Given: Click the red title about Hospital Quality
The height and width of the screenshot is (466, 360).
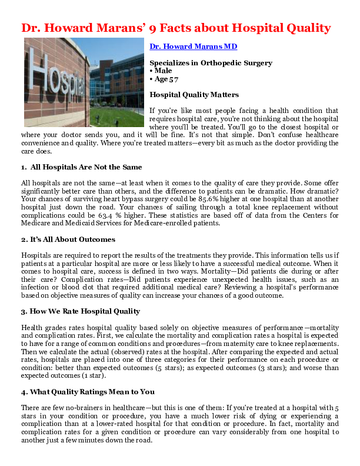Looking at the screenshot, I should click(x=176, y=28).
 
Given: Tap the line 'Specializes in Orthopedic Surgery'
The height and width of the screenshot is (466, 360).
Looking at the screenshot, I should click(x=211, y=62).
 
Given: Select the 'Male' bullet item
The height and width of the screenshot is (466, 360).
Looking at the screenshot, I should click(x=162, y=71).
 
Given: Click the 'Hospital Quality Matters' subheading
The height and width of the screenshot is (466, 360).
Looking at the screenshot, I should click(x=194, y=94).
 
